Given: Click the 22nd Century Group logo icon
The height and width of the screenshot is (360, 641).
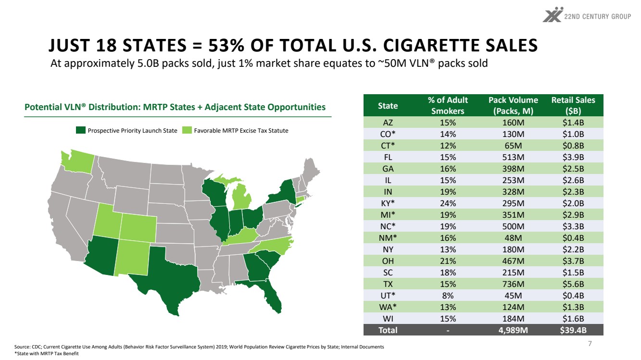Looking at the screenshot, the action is coord(553,14).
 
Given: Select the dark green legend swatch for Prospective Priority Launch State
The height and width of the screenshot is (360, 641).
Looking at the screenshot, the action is coord(81,130).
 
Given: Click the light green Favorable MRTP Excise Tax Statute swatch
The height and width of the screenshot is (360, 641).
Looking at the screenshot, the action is coord(187,130).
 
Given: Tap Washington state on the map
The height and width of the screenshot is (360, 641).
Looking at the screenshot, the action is coord(77,161).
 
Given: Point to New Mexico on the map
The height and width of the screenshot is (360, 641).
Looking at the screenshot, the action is coord(133,257).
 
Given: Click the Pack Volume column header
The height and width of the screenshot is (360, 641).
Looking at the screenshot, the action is coord(513,105).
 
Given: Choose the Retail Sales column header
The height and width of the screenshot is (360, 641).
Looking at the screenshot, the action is coord(573,105).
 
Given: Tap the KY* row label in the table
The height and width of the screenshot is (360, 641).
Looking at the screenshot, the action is coord(388,203).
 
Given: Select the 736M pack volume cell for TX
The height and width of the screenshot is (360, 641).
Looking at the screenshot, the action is coord(513,284).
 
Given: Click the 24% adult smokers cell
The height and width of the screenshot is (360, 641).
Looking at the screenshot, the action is coord(448,203).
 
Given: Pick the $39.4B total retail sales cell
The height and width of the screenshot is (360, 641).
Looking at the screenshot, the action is coord(573,330).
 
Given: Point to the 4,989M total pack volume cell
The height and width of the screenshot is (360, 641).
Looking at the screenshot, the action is coord(513,330).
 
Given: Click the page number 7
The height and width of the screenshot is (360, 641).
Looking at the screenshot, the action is coord(590,343).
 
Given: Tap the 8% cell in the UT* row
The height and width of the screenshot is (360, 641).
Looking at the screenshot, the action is coord(448,296).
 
